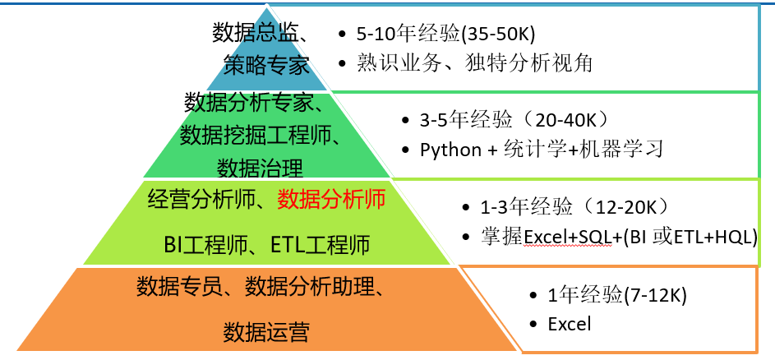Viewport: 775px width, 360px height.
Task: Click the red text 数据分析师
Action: pyautogui.click(x=331, y=200)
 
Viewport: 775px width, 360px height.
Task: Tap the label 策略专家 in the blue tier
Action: pyautogui.click(x=266, y=65)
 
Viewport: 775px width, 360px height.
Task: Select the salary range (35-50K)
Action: pyautogui.click(x=498, y=34)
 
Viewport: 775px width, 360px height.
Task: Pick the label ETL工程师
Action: pyautogui.click(x=321, y=244)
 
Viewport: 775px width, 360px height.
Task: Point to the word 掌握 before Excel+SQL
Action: pyautogui.click(x=501, y=237)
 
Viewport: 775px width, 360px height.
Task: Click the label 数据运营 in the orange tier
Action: pyautogui.click(x=266, y=332)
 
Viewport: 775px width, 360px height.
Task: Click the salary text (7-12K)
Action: pyautogui.click(x=655, y=295)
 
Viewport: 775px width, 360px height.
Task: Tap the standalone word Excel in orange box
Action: pyautogui.click(x=570, y=324)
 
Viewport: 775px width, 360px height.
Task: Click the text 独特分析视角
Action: pyautogui.click(x=528, y=63)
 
